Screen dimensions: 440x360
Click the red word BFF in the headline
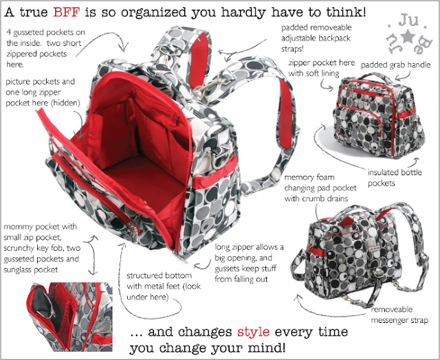tap(67, 12)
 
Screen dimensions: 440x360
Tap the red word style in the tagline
tap(253, 332)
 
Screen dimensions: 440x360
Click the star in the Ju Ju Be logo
tap(407, 36)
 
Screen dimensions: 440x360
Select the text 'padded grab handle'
tap(395, 65)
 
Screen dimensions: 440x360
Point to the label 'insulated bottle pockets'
tap(395, 178)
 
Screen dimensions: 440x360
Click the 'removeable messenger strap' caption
tap(399, 315)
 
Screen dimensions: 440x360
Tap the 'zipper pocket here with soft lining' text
tap(322, 68)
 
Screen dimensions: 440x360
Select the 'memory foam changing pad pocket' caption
tap(320, 188)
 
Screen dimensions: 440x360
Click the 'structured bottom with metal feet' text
tap(164, 286)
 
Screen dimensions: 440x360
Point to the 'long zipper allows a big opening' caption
tap(249, 263)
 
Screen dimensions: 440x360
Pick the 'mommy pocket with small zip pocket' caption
tap(41, 248)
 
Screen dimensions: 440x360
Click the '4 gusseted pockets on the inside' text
tap(45, 48)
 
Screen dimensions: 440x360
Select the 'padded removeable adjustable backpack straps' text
tap(316, 38)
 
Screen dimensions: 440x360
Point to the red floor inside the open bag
tap(146, 179)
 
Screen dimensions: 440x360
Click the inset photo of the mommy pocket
tap(69, 317)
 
